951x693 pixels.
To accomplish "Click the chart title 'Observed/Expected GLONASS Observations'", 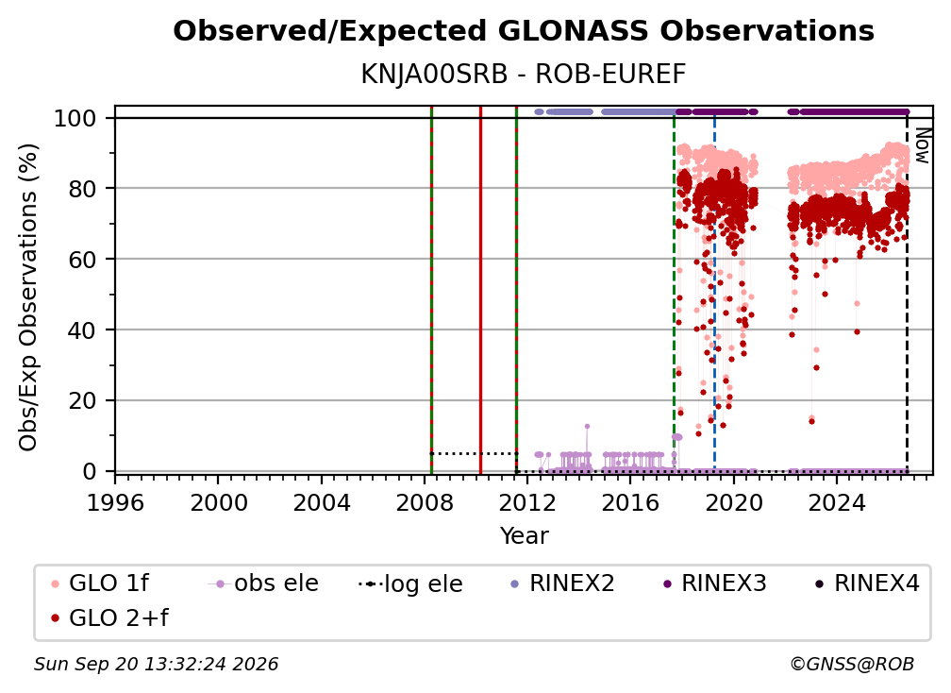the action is pyautogui.click(x=524, y=31).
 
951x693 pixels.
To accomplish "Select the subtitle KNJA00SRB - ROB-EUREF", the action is pyautogui.click(x=524, y=74).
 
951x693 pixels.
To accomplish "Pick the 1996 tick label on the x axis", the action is pyautogui.click(x=115, y=502).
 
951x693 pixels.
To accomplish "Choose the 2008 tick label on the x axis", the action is pyautogui.click(x=425, y=502).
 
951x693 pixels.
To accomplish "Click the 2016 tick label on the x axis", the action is pyautogui.click(x=630, y=502).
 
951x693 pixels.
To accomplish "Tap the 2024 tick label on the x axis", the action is pyautogui.click(x=836, y=502).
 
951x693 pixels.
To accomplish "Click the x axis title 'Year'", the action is pyautogui.click(x=524, y=535).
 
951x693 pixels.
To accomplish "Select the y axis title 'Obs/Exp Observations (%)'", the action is pyautogui.click(x=28, y=296).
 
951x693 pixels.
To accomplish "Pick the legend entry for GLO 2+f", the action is pyautogui.click(x=109, y=617).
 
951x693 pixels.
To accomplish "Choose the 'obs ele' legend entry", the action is pyautogui.click(x=263, y=583).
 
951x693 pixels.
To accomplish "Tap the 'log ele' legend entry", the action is pyautogui.click(x=410, y=583).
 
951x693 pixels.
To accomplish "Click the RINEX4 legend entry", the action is pyautogui.click(x=868, y=583).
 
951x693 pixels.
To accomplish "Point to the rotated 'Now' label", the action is pyautogui.click(x=922, y=145).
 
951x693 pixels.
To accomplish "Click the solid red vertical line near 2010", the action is pyautogui.click(x=480, y=290).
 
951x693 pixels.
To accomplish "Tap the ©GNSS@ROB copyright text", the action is pyautogui.click(x=852, y=664).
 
